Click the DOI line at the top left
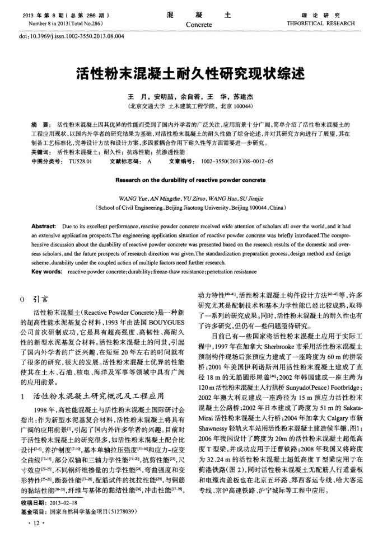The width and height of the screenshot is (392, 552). pos(73,36)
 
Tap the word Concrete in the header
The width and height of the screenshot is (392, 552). pos(199,25)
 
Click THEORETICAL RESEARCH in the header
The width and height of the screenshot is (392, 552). pos(328,24)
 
